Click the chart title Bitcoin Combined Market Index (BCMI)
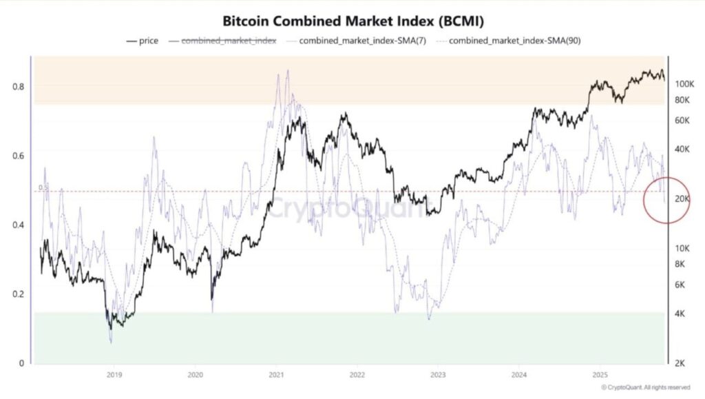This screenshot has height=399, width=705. click(352, 20)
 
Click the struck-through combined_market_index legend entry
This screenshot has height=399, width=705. click(229, 41)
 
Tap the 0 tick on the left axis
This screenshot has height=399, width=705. click(21, 363)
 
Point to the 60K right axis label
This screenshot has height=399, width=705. click(682, 121)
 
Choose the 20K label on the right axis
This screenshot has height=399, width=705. click(682, 199)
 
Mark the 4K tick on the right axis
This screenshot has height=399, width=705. click(680, 314)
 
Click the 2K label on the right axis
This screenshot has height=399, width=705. click(680, 363)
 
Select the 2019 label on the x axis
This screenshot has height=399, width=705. click(114, 375)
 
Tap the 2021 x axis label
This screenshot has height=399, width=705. click(276, 375)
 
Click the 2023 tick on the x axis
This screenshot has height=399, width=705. click(437, 375)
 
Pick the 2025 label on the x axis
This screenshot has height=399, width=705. click(599, 375)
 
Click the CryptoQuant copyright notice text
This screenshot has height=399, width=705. click(645, 388)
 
